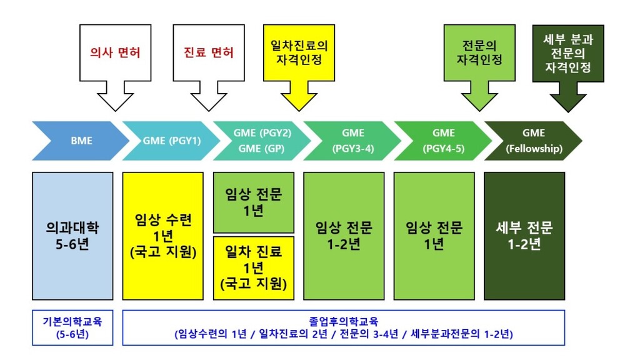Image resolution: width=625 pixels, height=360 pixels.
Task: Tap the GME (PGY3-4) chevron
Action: click(353, 141)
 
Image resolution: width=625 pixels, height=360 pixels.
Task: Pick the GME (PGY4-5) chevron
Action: click(443, 141)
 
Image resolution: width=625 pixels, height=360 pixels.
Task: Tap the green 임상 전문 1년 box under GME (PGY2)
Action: click(253, 202)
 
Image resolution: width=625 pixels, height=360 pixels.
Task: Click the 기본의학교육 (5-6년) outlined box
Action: click(72, 327)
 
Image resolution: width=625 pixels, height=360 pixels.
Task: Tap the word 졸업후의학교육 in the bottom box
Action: click(343, 321)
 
